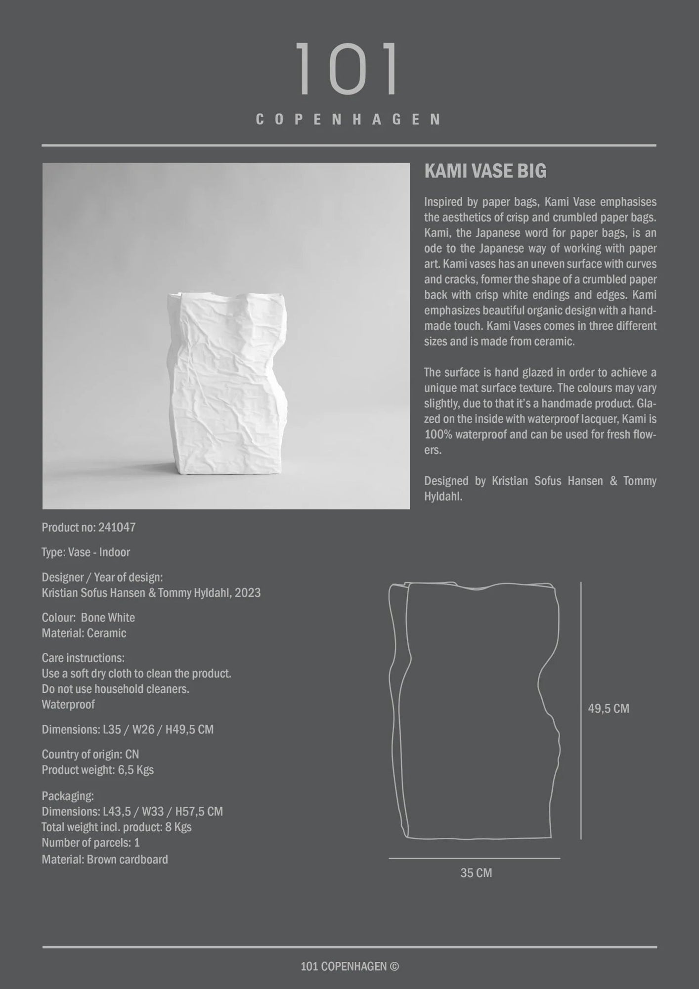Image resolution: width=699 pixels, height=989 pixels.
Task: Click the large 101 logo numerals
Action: point(348,69)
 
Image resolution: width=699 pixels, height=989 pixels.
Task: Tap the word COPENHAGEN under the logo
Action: point(349,120)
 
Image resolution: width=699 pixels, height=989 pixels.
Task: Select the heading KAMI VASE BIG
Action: point(485,171)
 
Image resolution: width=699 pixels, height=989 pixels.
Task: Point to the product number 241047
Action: point(117,528)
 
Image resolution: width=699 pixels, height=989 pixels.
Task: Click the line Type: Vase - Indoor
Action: point(86,552)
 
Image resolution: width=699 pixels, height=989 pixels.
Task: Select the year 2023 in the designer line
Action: point(248,593)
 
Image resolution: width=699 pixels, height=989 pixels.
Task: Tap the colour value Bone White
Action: point(108,618)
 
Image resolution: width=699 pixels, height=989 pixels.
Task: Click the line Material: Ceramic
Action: point(84,633)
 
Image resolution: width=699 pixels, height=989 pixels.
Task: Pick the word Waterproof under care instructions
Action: point(68,705)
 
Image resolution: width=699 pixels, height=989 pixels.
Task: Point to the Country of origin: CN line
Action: point(90,755)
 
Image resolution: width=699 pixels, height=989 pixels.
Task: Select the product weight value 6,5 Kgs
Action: point(135,770)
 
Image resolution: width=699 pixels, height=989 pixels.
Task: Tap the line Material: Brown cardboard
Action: point(105,859)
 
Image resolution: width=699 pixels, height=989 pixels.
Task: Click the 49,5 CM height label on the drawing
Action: point(608,709)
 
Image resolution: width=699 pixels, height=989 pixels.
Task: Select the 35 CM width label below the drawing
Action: point(476,873)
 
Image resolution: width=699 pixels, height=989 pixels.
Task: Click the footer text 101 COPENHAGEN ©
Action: point(349,966)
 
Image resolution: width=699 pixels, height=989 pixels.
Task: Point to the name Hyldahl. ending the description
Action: point(443,497)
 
